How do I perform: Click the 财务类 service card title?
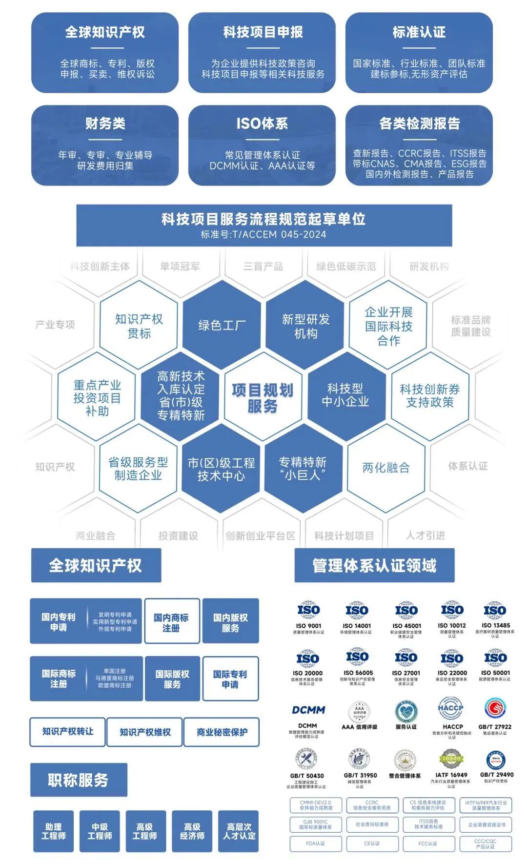point(105,123)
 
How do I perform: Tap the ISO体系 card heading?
point(262,123)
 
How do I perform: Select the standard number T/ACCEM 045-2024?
point(263,234)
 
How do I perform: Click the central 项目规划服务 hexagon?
point(263,398)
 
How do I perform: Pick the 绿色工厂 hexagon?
point(222,325)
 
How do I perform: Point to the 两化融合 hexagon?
point(386,468)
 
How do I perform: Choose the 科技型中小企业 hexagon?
point(345,395)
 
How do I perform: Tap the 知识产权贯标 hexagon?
point(139,326)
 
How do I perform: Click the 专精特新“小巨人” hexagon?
point(303,468)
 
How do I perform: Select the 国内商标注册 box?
point(171,622)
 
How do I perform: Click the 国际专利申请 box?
point(230,679)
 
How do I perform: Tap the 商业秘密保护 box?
point(222,732)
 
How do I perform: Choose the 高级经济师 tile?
point(192,831)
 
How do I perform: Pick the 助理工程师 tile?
point(53,831)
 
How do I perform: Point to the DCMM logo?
point(308,710)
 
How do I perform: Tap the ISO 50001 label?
point(495,673)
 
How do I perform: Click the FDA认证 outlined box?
point(315,843)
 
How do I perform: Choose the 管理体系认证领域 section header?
point(374,565)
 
